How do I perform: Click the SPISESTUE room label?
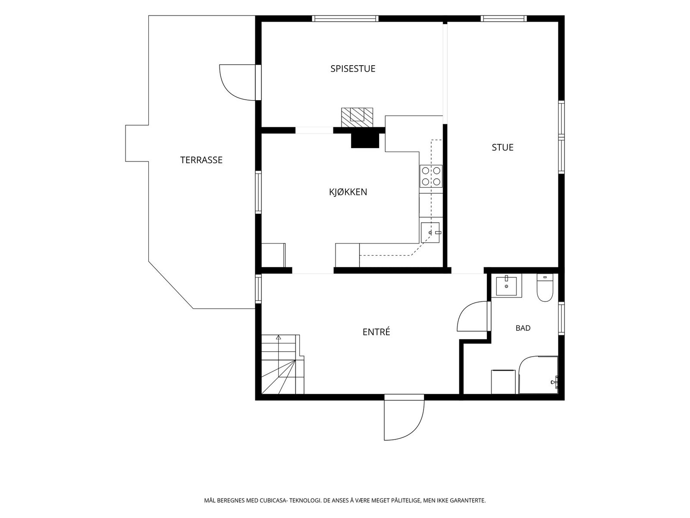pyautogui.click(x=353, y=69)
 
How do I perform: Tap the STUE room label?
pyautogui.click(x=502, y=148)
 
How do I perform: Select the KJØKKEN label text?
pyautogui.click(x=348, y=192)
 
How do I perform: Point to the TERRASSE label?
pyautogui.click(x=201, y=160)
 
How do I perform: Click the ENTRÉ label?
pyautogui.click(x=376, y=332)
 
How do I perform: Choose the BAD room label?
pyautogui.click(x=523, y=328)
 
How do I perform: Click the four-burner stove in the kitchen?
pyautogui.click(x=431, y=176)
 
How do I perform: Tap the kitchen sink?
pyautogui.click(x=430, y=232)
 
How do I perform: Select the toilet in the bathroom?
pyautogui.click(x=545, y=288)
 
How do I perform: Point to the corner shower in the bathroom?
pyautogui.click(x=539, y=375)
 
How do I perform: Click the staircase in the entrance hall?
pyautogui.click(x=282, y=364)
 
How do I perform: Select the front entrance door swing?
pyautogui.click(x=404, y=420)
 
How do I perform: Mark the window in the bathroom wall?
pyautogui.click(x=561, y=318)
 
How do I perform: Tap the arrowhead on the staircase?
pyautogui.click(x=278, y=338)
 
